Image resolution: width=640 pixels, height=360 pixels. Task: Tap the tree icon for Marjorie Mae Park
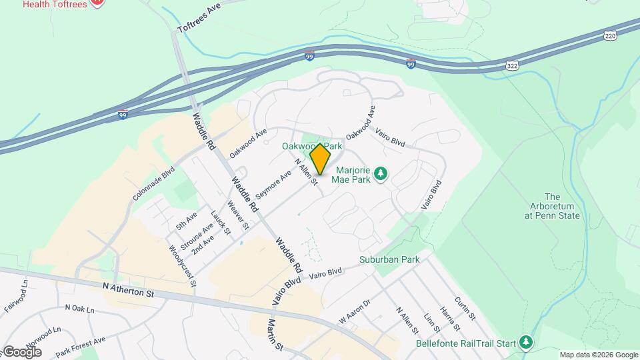[x=381, y=174]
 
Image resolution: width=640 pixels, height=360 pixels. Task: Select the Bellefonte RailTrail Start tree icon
[x=527, y=343]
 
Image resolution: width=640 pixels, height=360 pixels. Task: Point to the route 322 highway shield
[x=512, y=65]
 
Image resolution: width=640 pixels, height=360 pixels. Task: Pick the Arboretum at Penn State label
[x=553, y=206]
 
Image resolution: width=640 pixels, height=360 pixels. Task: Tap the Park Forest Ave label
[x=81, y=346]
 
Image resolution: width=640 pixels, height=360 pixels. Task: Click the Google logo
[x=21, y=351]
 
